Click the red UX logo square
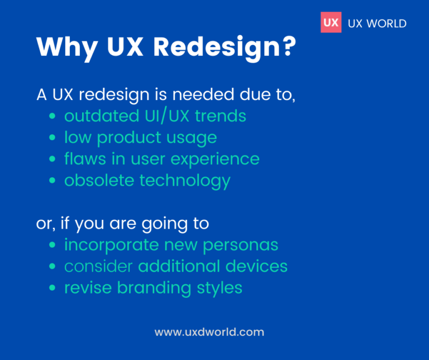[331, 23]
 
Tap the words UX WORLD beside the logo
[376, 23]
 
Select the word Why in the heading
[61, 48]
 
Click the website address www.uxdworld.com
[209, 332]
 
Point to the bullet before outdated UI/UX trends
[53, 117]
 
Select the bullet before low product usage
[53, 138]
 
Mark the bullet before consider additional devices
[53, 267]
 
